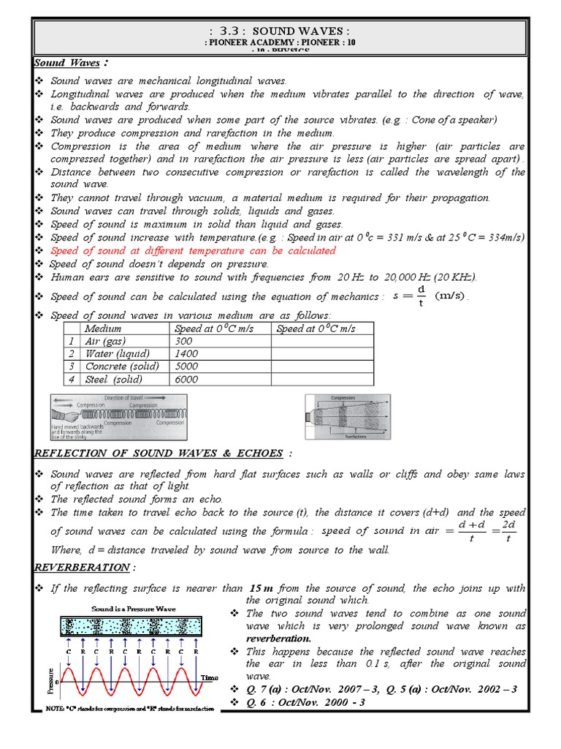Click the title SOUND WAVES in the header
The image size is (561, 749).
coord(280,31)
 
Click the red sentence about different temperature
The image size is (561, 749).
coord(193,251)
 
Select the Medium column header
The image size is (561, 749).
coord(103,329)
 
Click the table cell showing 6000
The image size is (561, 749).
coord(186,379)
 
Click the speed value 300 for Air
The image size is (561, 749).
coord(184,342)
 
